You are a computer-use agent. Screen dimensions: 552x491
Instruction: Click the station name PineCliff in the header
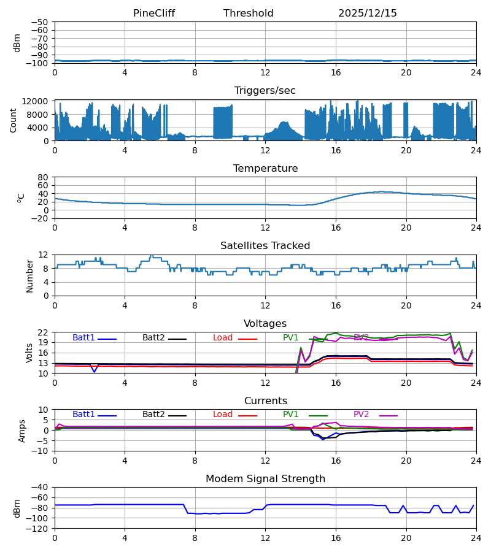(x=154, y=13)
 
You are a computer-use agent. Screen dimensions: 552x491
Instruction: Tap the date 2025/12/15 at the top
(x=368, y=13)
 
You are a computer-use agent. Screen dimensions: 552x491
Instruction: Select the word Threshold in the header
(x=249, y=13)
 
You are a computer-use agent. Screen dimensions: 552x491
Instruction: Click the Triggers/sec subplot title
(x=265, y=91)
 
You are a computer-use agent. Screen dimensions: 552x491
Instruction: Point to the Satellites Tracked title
(x=265, y=246)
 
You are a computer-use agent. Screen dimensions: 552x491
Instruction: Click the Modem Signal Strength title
(x=265, y=479)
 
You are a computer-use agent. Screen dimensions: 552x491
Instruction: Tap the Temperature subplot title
(x=265, y=169)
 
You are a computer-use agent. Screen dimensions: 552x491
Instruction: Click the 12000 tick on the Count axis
(x=39, y=101)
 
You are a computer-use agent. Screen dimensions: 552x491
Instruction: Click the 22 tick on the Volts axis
(x=44, y=332)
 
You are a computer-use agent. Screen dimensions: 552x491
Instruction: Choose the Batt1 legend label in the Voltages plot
(x=83, y=338)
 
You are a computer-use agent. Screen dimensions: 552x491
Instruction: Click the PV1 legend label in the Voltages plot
(x=290, y=338)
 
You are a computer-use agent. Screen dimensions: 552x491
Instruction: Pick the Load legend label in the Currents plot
(x=223, y=415)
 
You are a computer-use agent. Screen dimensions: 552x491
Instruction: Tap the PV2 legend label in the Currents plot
(x=361, y=415)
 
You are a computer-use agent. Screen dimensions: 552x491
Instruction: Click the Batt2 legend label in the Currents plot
(x=153, y=415)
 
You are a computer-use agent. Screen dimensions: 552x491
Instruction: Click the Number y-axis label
(x=30, y=275)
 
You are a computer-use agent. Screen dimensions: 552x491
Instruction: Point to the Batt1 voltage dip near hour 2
(x=94, y=371)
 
